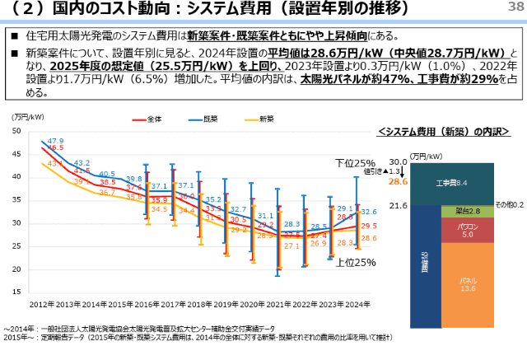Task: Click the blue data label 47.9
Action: [55, 141]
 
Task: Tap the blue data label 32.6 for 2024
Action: [369, 212]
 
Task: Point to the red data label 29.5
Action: [369, 226]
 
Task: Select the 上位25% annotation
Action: [355, 262]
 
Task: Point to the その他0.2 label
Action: [509, 203]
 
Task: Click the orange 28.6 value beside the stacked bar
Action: [399, 181]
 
